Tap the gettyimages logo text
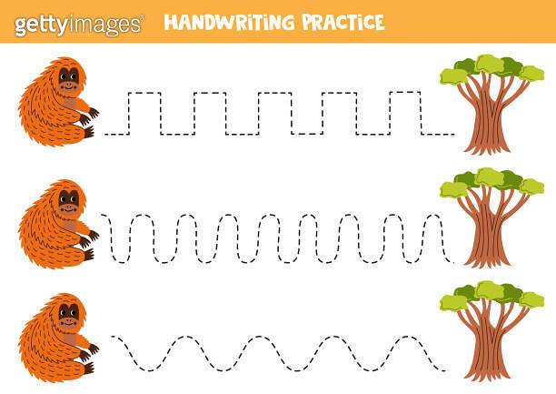point(78,25)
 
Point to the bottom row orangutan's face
point(68,314)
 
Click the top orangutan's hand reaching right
point(91,116)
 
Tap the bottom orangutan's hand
point(91,351)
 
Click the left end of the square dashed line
point(107,134)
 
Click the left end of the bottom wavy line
point(113,338)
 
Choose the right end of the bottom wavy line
point(444,369)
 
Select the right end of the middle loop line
point(452,262)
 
